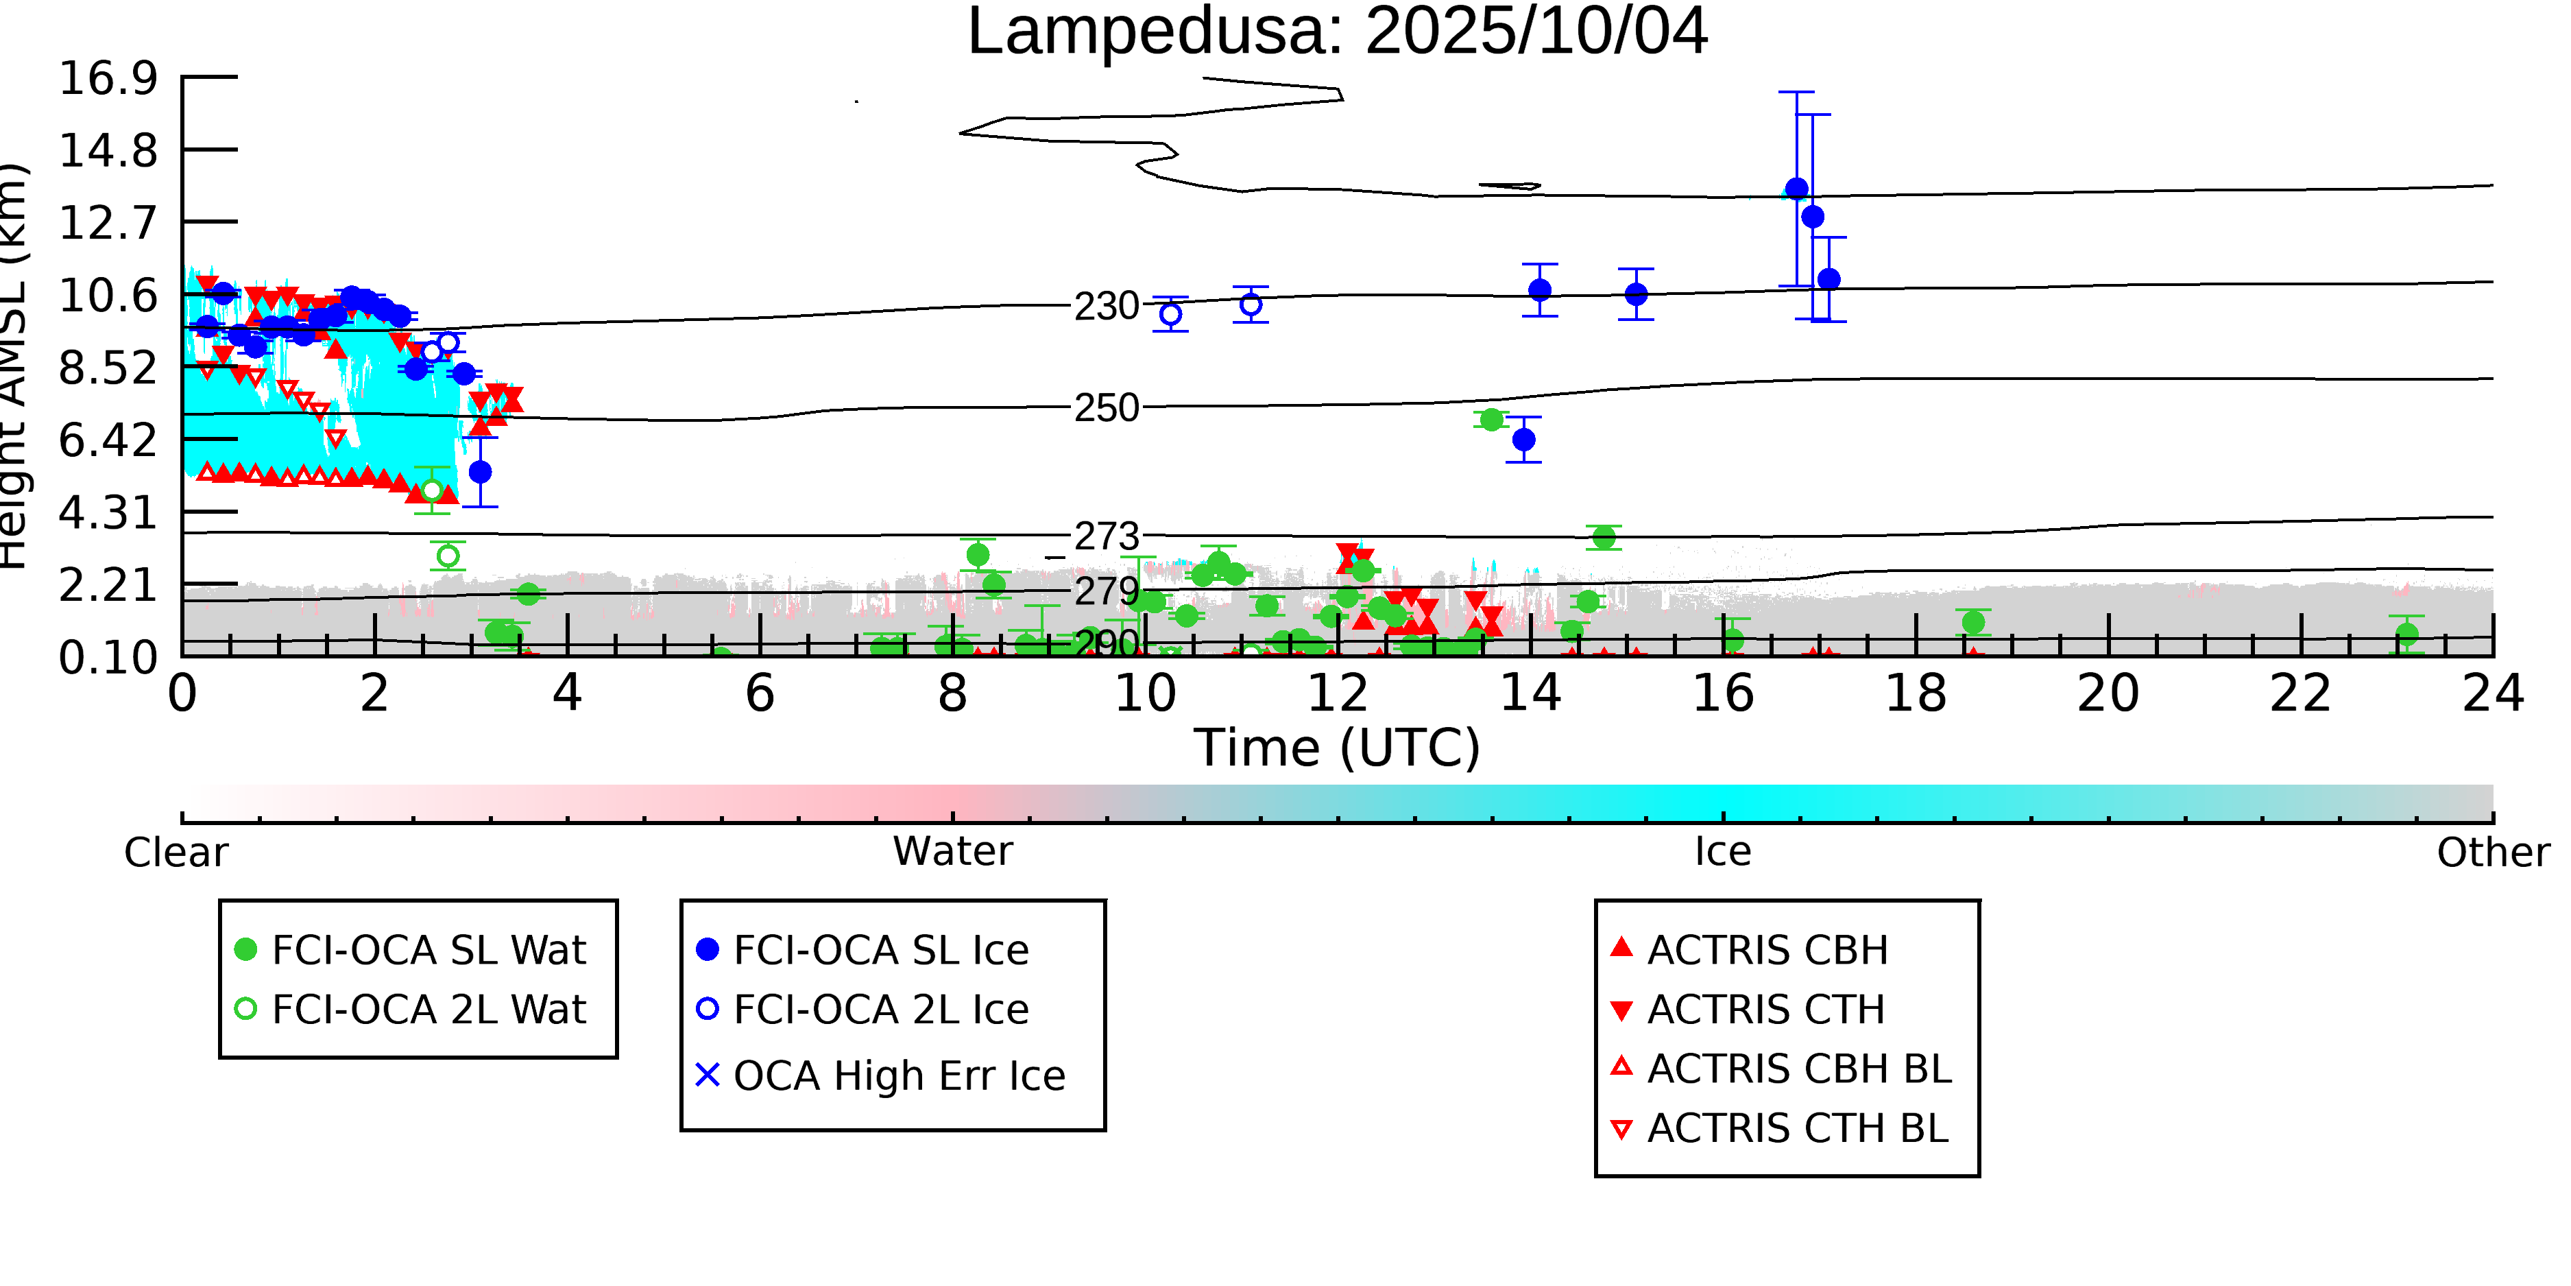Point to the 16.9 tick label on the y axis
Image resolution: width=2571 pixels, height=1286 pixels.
[x=108, y=78]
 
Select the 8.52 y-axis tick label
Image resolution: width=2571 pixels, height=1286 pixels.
[x=108, y=368]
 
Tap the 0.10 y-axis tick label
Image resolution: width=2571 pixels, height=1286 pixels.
[x=108, y=657]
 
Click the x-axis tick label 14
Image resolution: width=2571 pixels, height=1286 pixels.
[x=1530, y=693]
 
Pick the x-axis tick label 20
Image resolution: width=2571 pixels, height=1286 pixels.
[x=2108, y=693]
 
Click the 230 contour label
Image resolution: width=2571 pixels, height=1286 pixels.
[x=1106, y=305]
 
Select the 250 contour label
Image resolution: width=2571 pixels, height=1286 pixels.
[x=1106, y=407]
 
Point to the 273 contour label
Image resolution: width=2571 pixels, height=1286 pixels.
[x=1106, y=536]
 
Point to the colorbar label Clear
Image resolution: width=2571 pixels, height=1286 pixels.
[x=176, y=852]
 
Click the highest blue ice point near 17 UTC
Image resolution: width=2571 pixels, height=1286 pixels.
[x=1796, y=189]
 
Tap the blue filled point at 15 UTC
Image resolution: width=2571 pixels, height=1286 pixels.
[x=1636, y=294]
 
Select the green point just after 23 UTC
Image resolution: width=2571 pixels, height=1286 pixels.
[x=2406, y=634]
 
